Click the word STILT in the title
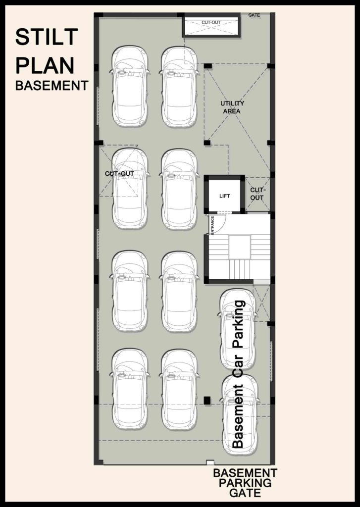pyautogui.click(x=47, y=37)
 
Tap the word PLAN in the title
pyautogui.click(x=45, y=65)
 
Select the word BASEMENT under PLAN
pyautogui.click(x=52, y=86)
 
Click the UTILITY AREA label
pyautogui.click(x=232, y=107)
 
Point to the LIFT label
pyautogui.click(x=224, y=196)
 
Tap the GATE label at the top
pyautogui.click(x=254, y=15)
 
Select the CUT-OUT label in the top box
pyautogui.click(x=211, y=23)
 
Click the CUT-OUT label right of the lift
pyautogui.click(x=257, y=194)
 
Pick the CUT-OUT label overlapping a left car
pyautogui.click(x=119, y=174)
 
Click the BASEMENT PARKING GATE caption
pyautogui.click(x=245, y=483)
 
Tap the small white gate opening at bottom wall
pyautogui.click(x=210, y=462)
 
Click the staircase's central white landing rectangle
pyautogui.click(x=240, y=247)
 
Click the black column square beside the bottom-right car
pyautogui.click(x=207, y=400)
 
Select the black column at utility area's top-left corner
pyautogui.click(x=207, y=66)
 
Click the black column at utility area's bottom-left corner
pyautogui.click(x=207, y=143)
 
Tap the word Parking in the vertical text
pyautogui.click(x=238, y=324)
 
